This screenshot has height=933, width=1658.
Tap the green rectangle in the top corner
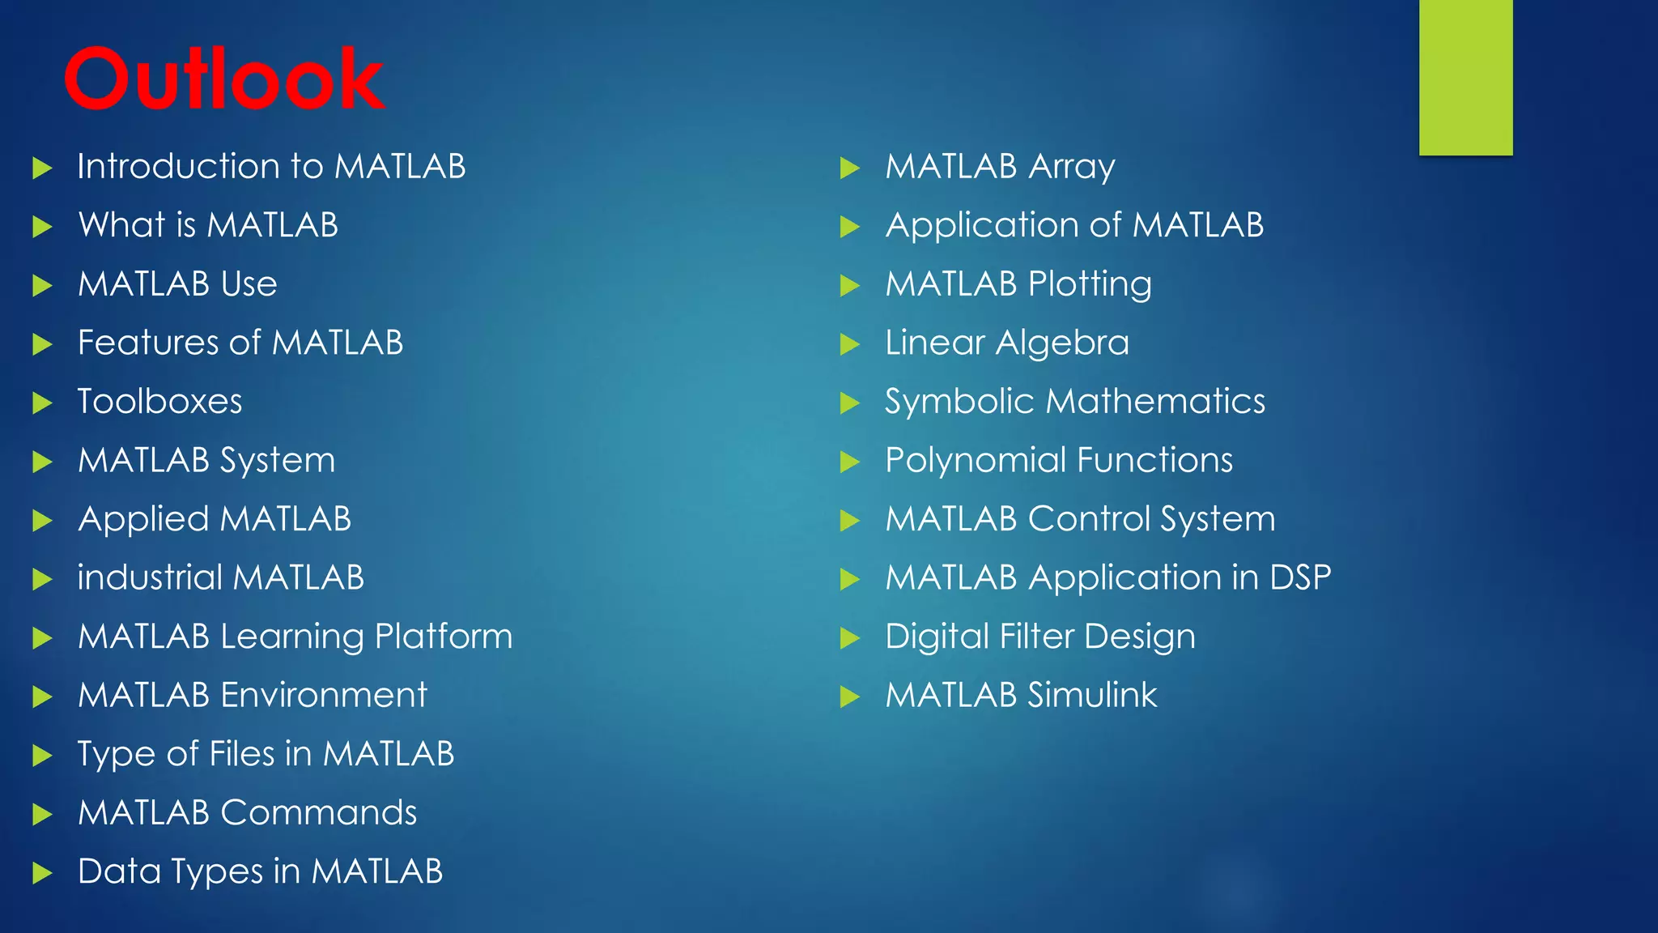(x=1465, y=77)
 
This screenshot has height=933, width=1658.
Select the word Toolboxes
(x=159, y=402)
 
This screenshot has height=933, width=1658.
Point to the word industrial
(x=150, y=577)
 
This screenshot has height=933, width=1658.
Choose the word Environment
(x=323, y=695)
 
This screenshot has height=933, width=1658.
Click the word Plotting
(x=1090, y=285)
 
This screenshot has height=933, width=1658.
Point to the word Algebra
(x=1062, y=343)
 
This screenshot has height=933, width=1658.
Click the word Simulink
(x=1092, y=695)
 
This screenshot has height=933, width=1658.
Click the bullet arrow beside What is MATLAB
(x=42, y=226)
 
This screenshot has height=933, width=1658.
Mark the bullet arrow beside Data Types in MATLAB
(x=42, y=873)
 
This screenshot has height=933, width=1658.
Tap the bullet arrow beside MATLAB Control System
(x=849, y=520)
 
